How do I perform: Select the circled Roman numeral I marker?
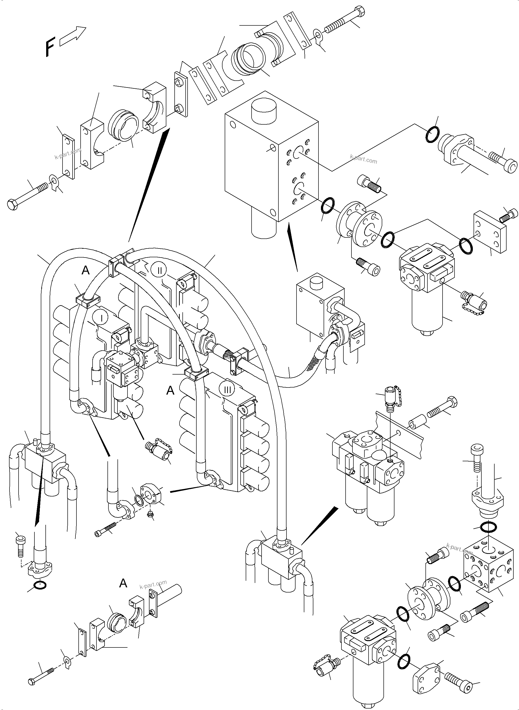[x=102, y=318]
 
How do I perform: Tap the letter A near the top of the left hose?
[x=85, y=270]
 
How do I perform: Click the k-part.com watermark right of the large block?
[x=363, y=159]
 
